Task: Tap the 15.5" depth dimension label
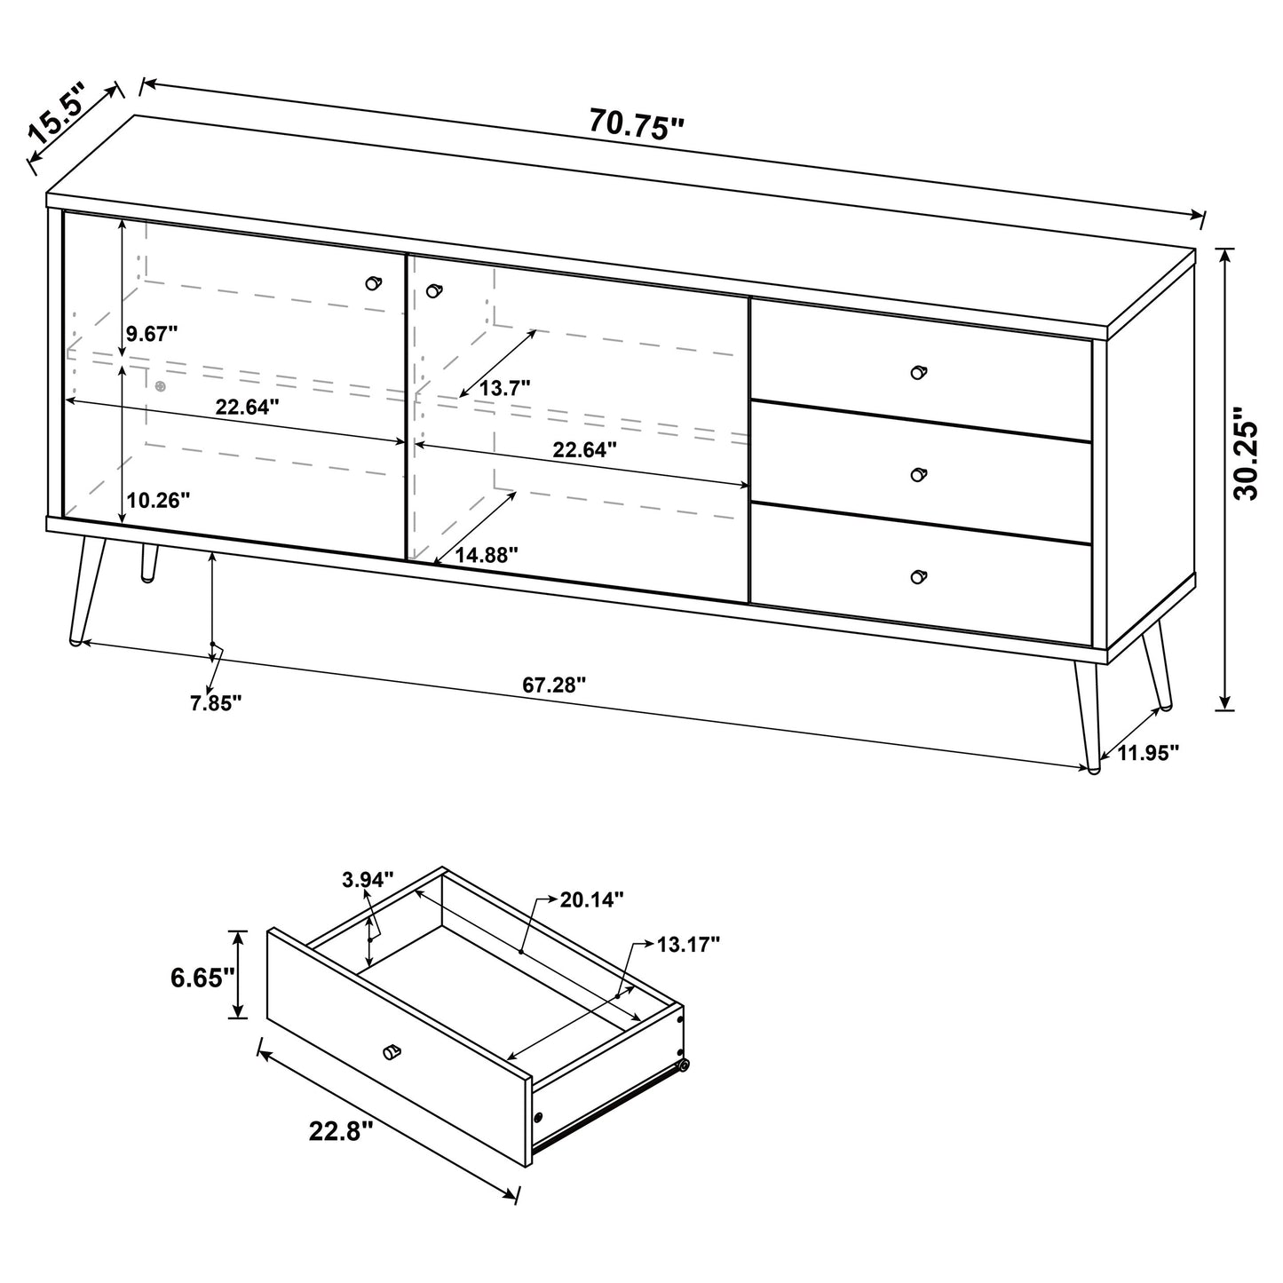[57, 114]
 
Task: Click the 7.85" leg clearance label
[216, 703]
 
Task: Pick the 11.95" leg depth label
[1148, 753]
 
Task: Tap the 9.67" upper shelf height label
[151, 334]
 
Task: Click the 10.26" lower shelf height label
[158, 500]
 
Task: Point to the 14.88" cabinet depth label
[487, 555]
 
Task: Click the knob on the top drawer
[919, 371]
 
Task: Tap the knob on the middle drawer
[919, 474]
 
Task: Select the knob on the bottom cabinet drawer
[919, 576]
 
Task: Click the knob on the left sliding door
[373, 282]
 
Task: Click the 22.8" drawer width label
[341, 1130]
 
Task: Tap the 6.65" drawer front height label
[202, 978]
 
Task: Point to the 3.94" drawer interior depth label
[367, 880]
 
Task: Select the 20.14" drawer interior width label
[591, 899]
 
